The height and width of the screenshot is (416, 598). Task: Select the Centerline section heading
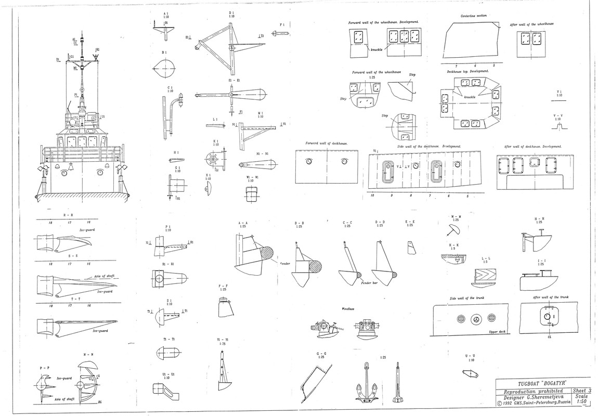click(x=474, y=16)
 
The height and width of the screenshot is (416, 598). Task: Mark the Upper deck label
click(x=497, y=331)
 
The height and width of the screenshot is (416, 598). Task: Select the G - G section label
click(x=321, y=353)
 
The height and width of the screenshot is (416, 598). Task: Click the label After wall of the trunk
click(x=551, y=297)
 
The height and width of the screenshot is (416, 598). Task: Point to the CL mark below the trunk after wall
click(x=548, y=336)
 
